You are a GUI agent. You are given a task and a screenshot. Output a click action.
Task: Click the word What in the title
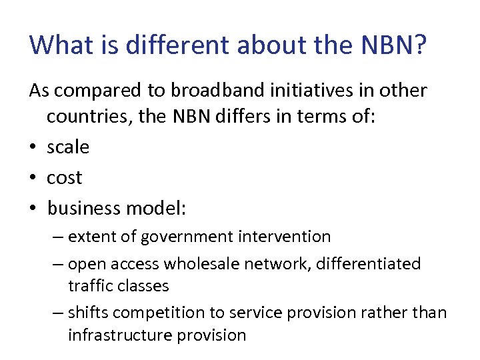pyautogui.click(x=61, y=45)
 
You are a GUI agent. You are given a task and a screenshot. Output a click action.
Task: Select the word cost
pyautogui.click(x=64, y=177)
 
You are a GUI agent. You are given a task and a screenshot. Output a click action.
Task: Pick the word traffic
pyautogui.click(x=91, y=286)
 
